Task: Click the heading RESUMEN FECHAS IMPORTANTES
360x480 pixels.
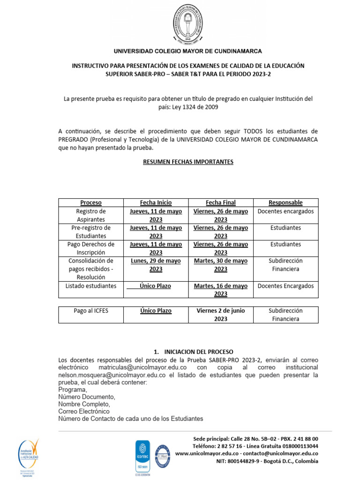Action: pyautogui.click(x=188, y=162)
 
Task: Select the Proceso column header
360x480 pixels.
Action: pyautogui.click(x=90, y=202)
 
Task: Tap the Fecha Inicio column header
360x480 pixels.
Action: pyautogui.click(x=156, y=202)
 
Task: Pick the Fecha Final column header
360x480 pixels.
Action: pyautogui.click(x=220, y=202)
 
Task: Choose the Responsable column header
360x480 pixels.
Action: pyautogui.click(x=285, y=202)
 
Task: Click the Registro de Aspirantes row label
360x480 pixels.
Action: pyautogui.click(x=90, y=215)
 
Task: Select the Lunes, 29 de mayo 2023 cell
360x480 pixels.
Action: pyautogui.click(x=156, y=265)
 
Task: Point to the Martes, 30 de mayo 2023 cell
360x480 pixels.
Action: pyautogui.click(x=220, y=265)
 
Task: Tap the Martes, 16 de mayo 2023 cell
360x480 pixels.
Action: pyautogui.click(x=220, y=290)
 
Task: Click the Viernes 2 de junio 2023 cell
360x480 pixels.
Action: pyautogui.click(x=220, y=315)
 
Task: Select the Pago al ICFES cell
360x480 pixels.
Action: pyautogui.click(x=90, y=311)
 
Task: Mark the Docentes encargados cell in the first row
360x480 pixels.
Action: pyautogui.click(x=285, y=211)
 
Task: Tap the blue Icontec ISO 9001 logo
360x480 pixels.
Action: pyautogui.click(x=142, y=456)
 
